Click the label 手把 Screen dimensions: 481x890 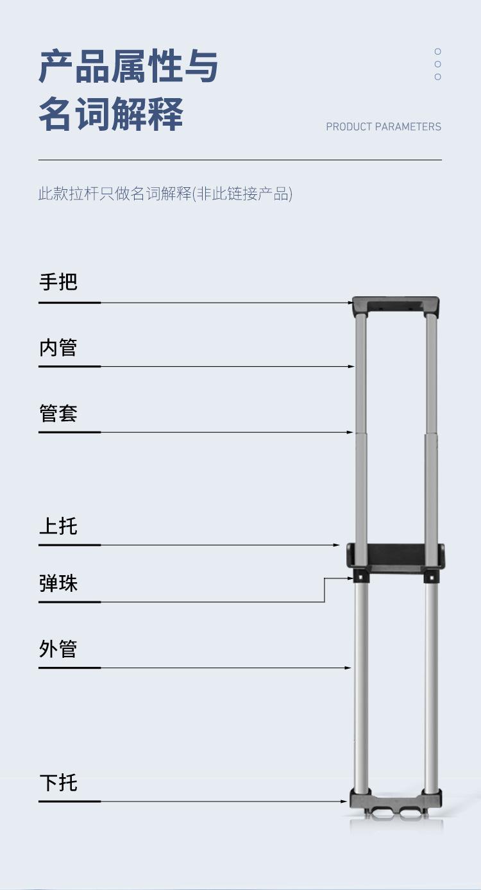click(x=58, y=281)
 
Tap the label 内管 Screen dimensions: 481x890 click(x=58, y=348)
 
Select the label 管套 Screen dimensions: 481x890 click(x=58, y=414)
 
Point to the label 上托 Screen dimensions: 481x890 click(x=58, y=526)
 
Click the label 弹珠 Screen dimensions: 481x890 click(x=58, y=584)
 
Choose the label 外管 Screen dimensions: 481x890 click(x=58, y=649)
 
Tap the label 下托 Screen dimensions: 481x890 click(x=58, y=783)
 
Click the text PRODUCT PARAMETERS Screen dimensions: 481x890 click(x=384, y=127)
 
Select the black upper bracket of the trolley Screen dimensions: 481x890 click(x=396, y=555)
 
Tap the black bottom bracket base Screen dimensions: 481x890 click(x=396, y=801)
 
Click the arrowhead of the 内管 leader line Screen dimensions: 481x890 click(x=351, y=366)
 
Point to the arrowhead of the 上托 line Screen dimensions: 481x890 click(x=337, y=545)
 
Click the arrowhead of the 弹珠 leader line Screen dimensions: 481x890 click(x=350, y=579)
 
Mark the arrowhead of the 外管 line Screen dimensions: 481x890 click(x=349, y=668)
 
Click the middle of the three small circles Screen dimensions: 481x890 click(x=438, y=64)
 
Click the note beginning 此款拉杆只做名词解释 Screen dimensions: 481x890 click(x=165, y=194)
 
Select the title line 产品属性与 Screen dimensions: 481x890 click(x=129, y=67)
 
